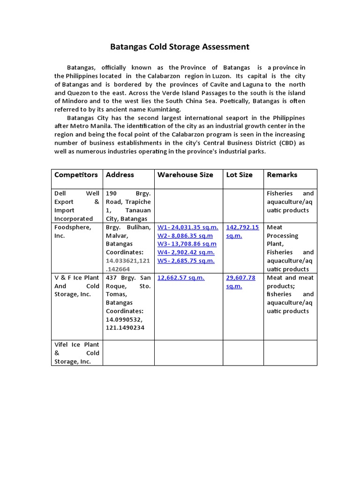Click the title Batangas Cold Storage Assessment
[180, 47]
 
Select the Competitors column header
[76, 175]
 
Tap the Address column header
[120, 175]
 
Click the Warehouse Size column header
[185, 175]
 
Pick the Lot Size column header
[239, 175]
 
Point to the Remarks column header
[282, 175]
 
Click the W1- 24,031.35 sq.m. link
[187, 227]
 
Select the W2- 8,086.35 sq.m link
[185, 236]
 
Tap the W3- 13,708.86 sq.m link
[187, 244]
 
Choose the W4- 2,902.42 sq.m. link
[186, 253]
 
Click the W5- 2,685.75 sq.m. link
[186, 261]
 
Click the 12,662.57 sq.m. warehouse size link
[181, 278]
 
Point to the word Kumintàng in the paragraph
[165, 109]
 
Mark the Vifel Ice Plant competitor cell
[77, 353]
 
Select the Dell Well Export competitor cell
[77, 206]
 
